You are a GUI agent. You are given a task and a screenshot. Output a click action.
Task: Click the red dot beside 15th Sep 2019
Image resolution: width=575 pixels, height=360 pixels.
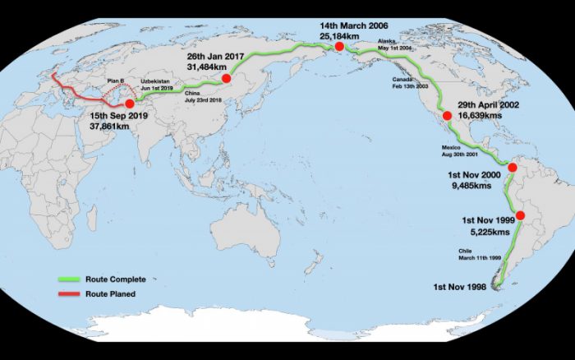click(129, 104)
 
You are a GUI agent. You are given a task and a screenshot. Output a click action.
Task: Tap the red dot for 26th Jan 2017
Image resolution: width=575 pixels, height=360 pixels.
click(226, 79)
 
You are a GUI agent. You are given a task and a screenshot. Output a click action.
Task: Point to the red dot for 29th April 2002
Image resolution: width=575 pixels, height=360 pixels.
click(448, 117)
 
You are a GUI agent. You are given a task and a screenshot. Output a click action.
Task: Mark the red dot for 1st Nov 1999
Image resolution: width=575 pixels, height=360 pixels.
click(508, 215)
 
